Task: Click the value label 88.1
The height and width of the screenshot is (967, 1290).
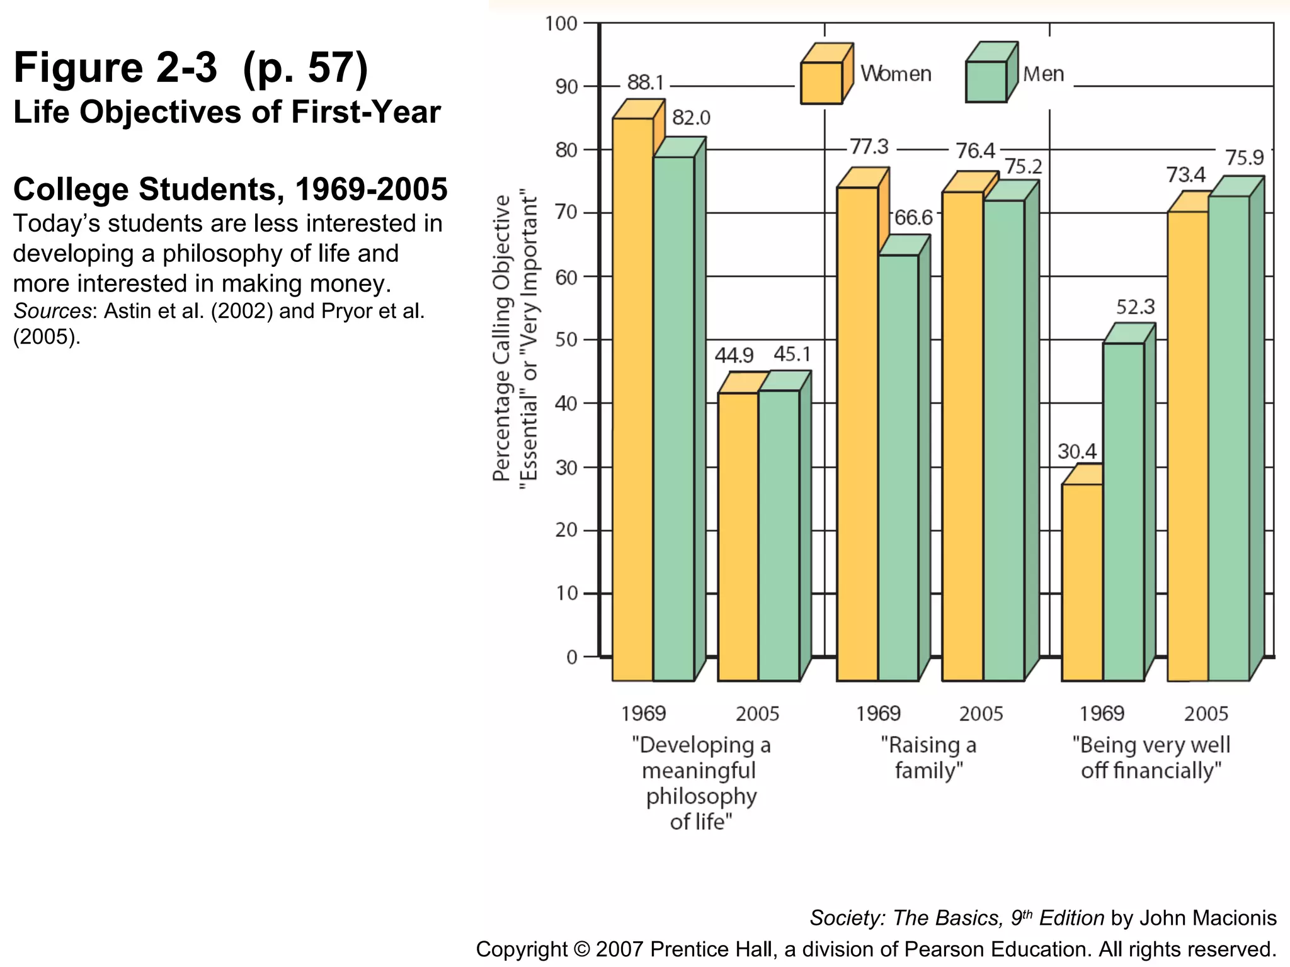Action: [646, 82]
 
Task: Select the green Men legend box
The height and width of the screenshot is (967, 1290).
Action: [986, 81]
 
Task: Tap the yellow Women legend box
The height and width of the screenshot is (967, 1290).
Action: [821, 82]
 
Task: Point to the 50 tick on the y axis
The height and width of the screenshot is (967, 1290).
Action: [566, 340]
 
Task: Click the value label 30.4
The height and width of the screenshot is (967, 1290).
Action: [1076, 451]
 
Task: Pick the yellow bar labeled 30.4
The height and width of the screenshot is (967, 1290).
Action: [1082, 582]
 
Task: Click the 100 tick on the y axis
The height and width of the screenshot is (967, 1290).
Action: [561, 24]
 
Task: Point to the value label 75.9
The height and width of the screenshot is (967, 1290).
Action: [1244, 157]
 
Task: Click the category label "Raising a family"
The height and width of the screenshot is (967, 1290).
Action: [928, 757]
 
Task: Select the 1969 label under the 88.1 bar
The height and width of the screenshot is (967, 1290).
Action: [643, 713]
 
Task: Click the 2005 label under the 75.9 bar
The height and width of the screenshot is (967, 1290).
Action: [1206, 713]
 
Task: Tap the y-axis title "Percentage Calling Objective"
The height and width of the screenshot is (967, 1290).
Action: [501, 339]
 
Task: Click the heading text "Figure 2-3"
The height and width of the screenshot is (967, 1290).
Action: [116, 68]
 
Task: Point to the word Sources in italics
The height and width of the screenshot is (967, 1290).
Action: [53, 311]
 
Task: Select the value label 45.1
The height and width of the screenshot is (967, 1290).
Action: [792, 354]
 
